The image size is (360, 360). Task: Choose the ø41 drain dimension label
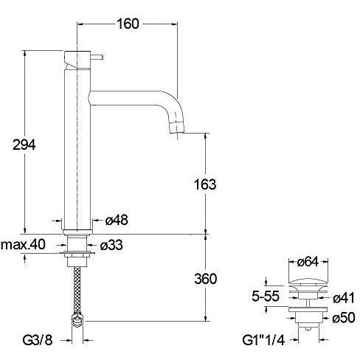[342, 298]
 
